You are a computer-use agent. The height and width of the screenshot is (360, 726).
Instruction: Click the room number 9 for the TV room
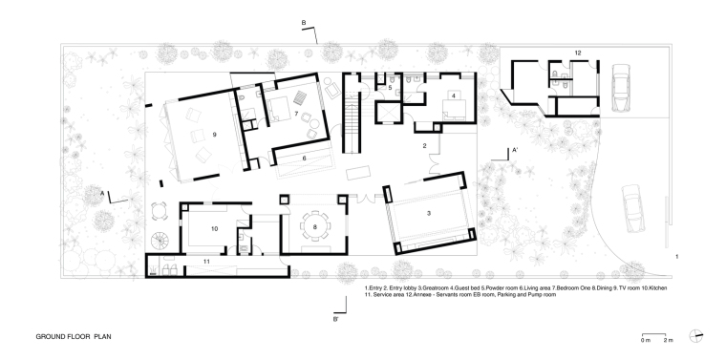[x=214, y=135]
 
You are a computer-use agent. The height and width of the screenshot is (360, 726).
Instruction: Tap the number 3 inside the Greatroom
[x=429, y=213]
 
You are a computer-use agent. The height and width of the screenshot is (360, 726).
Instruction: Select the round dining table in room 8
[x=315, y=226]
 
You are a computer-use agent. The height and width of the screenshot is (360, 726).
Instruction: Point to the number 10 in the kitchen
[x=214, y=228]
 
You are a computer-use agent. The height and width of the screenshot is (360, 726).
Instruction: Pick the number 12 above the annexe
[x=578, y=53]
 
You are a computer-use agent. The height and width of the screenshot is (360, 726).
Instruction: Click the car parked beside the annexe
[x=620, y=88]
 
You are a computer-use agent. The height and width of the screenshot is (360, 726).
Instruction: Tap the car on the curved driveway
[x=632, y=208]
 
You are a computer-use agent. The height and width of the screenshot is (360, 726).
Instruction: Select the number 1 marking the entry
[x=677, y=256]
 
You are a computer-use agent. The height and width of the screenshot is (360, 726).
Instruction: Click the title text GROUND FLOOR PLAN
[x=74, y=337]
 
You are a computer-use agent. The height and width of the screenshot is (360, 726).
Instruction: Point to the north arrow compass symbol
[x=695, y=336]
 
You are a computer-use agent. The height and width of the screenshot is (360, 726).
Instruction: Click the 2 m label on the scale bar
[x=668, y=341]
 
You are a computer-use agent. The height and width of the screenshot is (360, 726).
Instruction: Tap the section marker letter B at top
[x=304, y=22]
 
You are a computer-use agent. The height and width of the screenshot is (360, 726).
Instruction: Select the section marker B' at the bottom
[x=335, y=319]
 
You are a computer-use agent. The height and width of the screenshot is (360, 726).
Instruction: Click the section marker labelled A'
[x=515, y=150]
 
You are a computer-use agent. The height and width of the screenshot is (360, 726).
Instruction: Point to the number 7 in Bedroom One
[x=296, y=114]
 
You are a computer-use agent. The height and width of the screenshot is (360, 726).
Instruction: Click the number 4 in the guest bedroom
[x=454, y=95]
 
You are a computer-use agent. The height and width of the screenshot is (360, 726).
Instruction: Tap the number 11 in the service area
[x=206, y=262]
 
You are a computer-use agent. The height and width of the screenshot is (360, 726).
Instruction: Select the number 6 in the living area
[x=304, y=158]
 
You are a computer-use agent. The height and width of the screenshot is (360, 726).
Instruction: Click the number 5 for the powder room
[x=390, y=87]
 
